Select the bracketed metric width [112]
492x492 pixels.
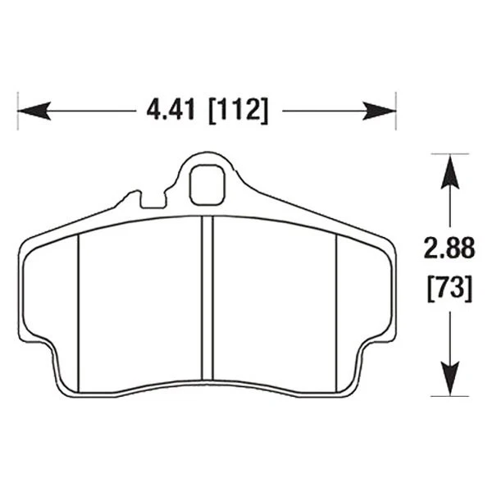[238, 110]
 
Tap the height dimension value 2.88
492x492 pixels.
[448, 248]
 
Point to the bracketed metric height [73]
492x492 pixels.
[448, 288]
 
